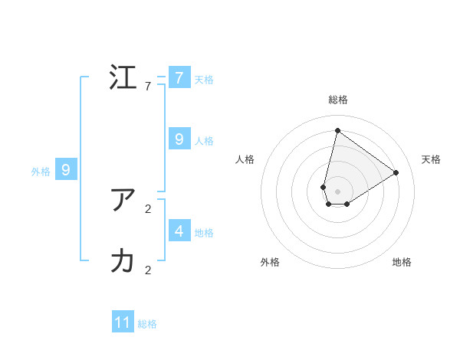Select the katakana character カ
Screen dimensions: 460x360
tap(123, 261)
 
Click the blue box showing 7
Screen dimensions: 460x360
tap(179, 77)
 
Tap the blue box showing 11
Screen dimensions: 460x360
tap(123, 322)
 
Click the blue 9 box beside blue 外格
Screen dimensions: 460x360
tap(66, 170)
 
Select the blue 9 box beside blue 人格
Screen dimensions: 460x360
tap(179, 139)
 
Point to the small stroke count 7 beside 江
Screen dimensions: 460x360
tap(148, 87)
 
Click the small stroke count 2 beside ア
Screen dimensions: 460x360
tap(148, 208)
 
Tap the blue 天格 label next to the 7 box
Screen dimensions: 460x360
tap(204, 79)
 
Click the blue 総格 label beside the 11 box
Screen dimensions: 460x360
tap(147, 324)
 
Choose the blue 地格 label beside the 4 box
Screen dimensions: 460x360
tap(204, 232)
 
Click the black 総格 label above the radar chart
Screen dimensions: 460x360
tap(337, 100)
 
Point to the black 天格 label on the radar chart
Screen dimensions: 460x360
tap(431, 159)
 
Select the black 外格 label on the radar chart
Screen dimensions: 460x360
tap(270, 262)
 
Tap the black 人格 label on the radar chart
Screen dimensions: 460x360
tap(245, 159)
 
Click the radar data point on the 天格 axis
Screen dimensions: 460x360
tap(396, 172)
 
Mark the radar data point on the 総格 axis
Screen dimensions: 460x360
tap(337, 130)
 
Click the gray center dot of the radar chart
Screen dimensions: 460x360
tap(337, 191)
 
